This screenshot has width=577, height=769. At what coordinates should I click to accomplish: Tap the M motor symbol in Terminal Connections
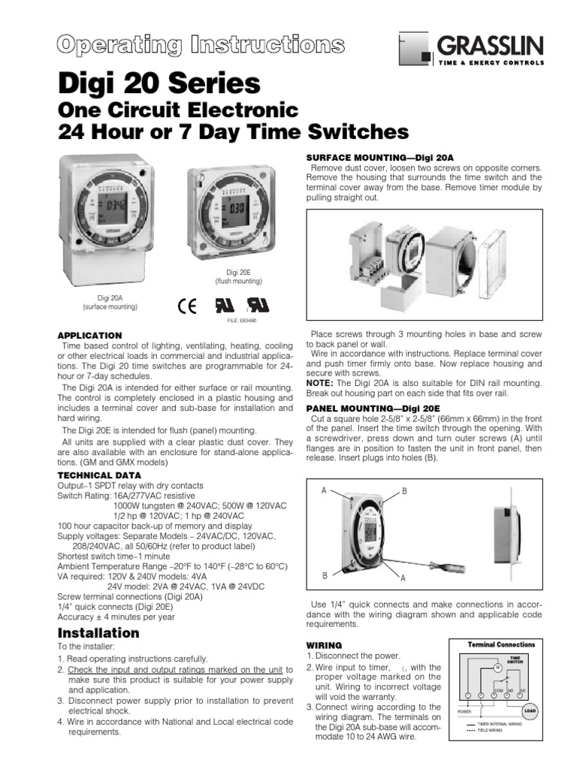coord(497,666)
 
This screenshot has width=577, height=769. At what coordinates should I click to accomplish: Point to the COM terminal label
coord(497,689)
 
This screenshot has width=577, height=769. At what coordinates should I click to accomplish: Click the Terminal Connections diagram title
coord(501,644)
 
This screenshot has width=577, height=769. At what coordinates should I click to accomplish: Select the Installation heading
coord(98,633)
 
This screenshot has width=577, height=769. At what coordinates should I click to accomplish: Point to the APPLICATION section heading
coord(90,335)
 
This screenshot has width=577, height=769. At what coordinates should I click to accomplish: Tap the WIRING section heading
coord(325,645)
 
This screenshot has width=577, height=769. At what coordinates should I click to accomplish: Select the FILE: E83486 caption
coord(243,321)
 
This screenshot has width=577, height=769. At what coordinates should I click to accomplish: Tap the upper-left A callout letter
coord(324,490)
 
